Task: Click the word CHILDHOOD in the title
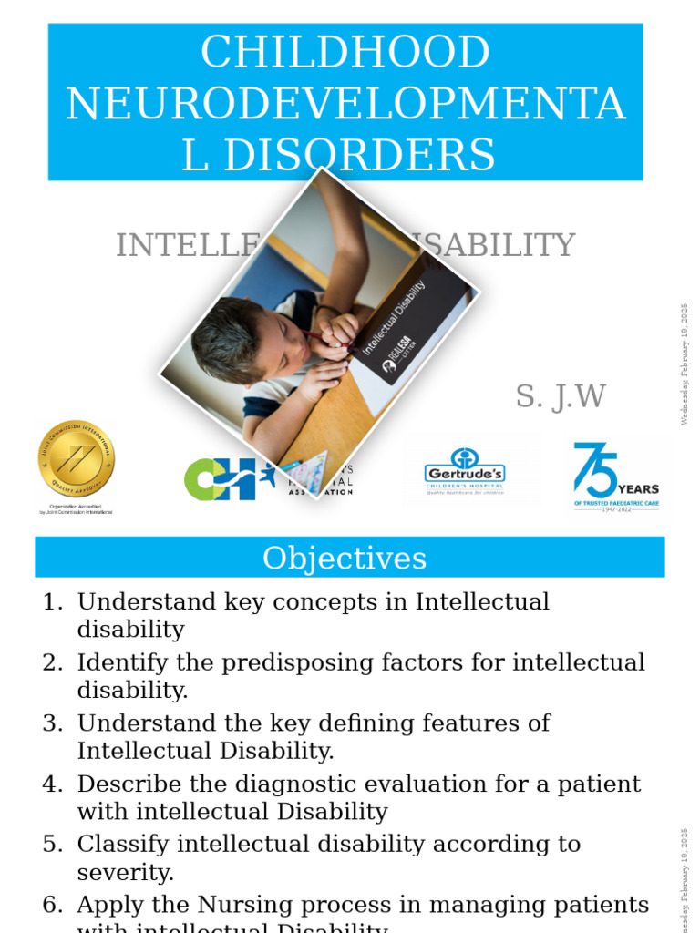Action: [345, 53]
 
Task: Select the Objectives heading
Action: [345, 558]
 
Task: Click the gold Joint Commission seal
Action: [77, 459]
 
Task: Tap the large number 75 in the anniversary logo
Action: [594, 470]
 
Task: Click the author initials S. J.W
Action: [561, 396]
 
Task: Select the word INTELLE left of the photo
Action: [182, 245]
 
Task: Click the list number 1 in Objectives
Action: [53, 601]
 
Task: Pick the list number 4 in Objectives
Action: [53, 784]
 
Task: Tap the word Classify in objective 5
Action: [117, 844]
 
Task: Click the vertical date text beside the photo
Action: [685, 364]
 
